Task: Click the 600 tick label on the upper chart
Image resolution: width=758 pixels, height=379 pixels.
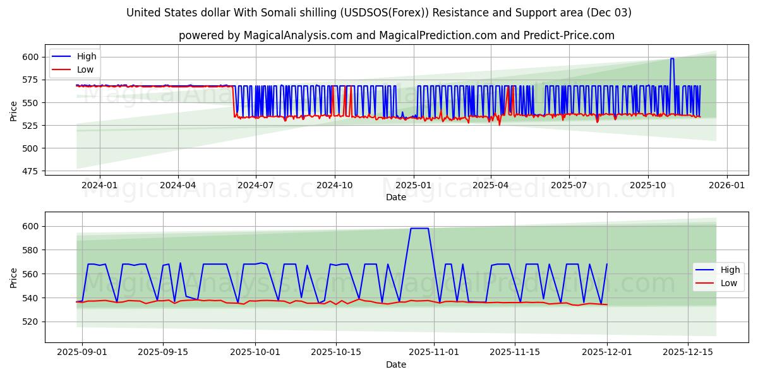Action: click(31, 57)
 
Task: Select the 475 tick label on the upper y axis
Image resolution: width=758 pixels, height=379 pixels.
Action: click(31, 171)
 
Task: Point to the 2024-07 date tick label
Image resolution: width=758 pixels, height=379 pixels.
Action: click(256, 185)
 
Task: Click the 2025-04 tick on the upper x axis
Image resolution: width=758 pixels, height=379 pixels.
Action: click(491, 185)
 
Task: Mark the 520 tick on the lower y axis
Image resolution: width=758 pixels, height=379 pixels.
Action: click(31, 322)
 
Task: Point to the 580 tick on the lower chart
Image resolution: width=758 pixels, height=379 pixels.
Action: click(31, 250)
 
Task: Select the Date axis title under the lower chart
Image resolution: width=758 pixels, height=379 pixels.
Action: click(396, 364)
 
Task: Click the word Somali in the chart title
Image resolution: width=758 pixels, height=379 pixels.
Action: click(279, 13)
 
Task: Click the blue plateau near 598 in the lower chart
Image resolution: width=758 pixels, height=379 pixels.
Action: click(419, 229)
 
